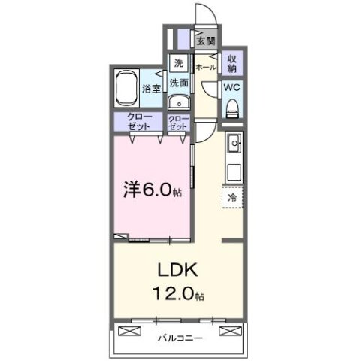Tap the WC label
231,86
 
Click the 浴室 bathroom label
151,89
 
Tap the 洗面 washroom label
178,83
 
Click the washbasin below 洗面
177,104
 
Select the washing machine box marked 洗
178,63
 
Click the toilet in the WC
231,108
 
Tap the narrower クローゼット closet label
178,123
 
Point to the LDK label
178,268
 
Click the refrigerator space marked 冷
231,196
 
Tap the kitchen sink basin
233,142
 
